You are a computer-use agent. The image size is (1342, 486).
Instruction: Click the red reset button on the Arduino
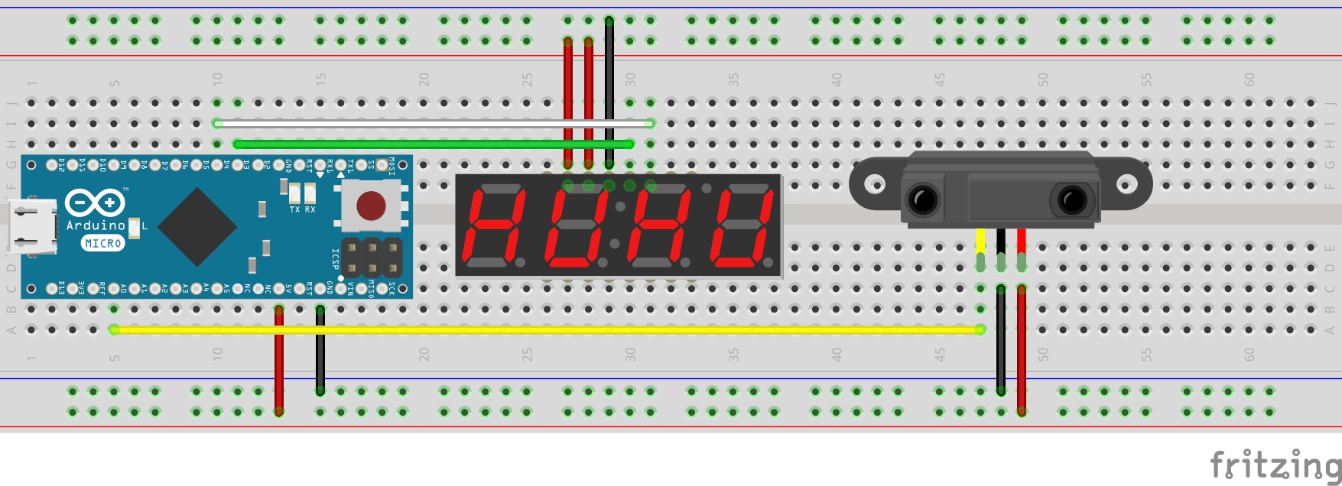pos(371,205)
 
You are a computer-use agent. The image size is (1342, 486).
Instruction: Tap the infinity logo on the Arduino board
pos(95,202)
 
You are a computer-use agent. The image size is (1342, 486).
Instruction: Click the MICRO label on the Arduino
pos(102,243)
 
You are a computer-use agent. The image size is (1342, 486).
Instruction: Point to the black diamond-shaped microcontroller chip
pos(197,226)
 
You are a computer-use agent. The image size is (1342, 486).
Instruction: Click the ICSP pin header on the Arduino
pos(372,258)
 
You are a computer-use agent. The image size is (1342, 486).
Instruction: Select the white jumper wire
pos(433,122)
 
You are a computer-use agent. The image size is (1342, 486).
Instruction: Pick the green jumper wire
pos(433,144)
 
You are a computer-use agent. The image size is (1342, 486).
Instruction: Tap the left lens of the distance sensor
pos(923,200)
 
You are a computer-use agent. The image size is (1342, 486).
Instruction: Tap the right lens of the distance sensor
pos(1071,200)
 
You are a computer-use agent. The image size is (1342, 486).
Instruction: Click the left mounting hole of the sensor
pos(874,183)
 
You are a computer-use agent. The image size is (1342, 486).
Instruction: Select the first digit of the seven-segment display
pos(495,225)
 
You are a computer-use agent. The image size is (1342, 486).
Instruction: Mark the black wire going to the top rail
pos(609,92)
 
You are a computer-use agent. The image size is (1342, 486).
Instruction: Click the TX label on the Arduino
pos(294,209)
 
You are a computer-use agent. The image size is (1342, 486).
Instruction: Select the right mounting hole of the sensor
pos(1126,183)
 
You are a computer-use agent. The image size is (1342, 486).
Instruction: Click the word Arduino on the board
pos(96,225)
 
